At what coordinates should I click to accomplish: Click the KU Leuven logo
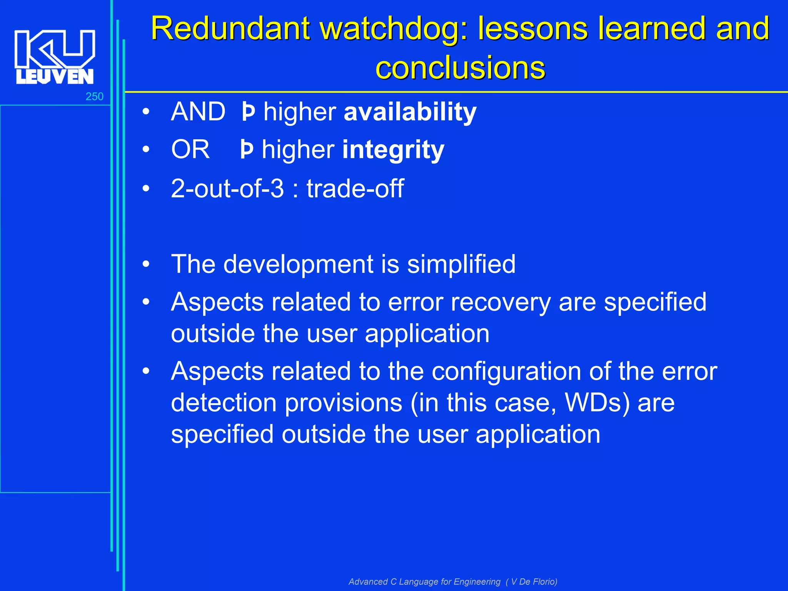pos(55,57)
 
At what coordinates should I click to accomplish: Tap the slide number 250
pos(94,97)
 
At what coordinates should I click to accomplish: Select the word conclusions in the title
pos(460,68)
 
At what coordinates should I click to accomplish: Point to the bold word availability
pos(410,112)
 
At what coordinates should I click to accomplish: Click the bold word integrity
pos(393,150)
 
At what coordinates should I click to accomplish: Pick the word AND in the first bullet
pos(198,112)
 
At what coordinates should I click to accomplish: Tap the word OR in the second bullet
pos(190,150)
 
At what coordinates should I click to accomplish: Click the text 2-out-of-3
pos(227,189)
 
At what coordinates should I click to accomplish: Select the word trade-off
pos(355,189)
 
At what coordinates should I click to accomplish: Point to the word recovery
pos(501,302)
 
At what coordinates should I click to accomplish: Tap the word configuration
pos(506,372)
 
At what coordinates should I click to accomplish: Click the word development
pos(298,264)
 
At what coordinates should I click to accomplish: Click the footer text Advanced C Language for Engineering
pos(424,581)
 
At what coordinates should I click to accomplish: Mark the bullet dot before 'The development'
pos(146,264)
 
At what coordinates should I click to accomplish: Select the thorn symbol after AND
pos(248,112)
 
